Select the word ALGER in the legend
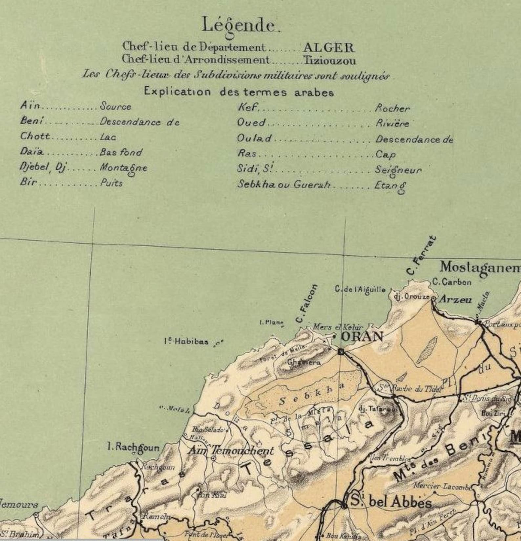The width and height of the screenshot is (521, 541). (328, 48)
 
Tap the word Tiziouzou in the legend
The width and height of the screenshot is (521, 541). (329, 61)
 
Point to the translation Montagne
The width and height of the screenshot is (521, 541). (123, 168)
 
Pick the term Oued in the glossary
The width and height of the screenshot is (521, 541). (251, 123)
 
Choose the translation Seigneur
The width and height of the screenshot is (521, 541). (398, 170)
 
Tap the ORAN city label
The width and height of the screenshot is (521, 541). (362, 336)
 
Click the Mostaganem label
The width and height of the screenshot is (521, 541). (480, 268)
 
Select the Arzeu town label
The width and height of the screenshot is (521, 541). (455, 299)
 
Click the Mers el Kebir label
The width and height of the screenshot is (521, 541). (338, 327)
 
